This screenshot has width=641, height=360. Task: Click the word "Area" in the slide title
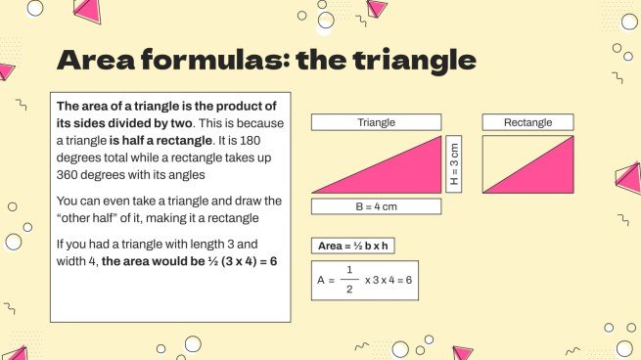[101, 61]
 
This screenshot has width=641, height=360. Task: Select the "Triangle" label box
[377, 122]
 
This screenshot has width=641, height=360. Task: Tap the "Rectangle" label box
[527, 122]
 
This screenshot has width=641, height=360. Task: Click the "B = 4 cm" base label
[377, 206]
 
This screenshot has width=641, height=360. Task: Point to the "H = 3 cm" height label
[454, 163]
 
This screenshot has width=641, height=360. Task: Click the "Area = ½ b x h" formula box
[353, 247]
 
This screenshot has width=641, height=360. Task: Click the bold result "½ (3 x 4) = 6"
[234, 260]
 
